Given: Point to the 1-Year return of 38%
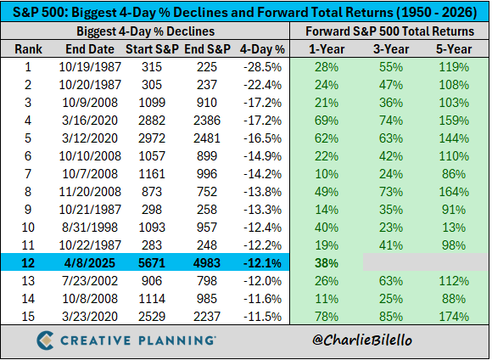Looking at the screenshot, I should coord(327,263).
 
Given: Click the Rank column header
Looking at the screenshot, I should coord(27,49).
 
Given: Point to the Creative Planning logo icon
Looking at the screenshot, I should coord(48,341).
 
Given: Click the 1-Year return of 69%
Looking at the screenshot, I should coord(327,121).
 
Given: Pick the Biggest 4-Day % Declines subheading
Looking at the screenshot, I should coord(147,31).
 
